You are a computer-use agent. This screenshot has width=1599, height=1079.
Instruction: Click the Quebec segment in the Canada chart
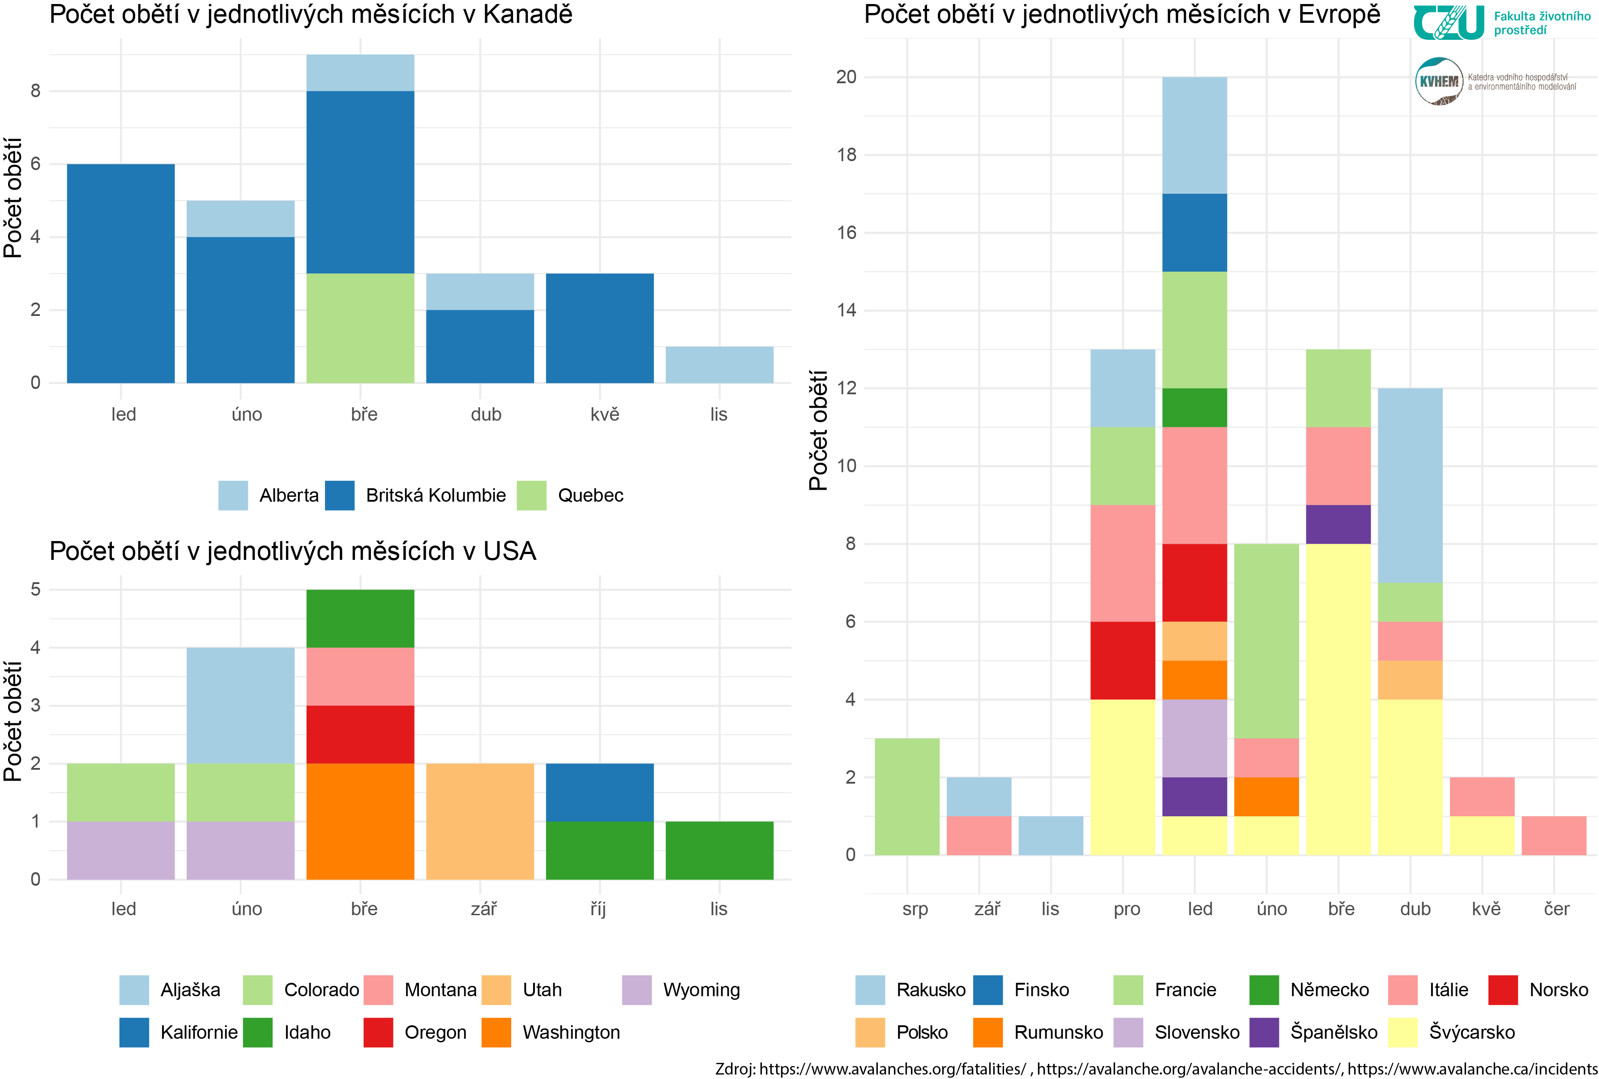pyautogui.click(x=360, y=328)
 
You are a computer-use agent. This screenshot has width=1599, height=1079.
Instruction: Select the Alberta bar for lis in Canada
pyautogui.click(x=719, y=364)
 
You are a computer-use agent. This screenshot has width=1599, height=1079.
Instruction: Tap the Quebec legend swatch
pyautogui.click(x=531, y=495)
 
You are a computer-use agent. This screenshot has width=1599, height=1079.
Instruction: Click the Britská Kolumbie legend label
pyautogui.click(x=436, y=495)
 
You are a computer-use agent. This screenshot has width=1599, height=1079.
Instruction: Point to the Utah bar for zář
pyautogui.click(x=479, y=821)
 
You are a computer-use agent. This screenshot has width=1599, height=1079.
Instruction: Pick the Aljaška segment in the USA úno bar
pyautogui.click(x=240, y=705)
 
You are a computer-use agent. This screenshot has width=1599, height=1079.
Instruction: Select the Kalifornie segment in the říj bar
pyautogui.click(x=599, y=792)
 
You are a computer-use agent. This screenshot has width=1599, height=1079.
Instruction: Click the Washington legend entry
pyautogui.click(x=571, y=1032)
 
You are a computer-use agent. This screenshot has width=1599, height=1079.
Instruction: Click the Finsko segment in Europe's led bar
pyautogui.click(x=1194, y=232)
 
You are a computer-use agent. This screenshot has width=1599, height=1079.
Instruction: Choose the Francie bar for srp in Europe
pyautogui.click(x=907, y=796)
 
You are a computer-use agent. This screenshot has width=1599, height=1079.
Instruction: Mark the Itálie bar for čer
pyautogui.click(x=1554, y=836)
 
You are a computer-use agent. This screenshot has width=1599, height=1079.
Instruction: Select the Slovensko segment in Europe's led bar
pyautogui.click(x=1194, y=738)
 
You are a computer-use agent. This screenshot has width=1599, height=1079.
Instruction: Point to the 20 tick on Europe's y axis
pyautogui.click(x=847, y=77)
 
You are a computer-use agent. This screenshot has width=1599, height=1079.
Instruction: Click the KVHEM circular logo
pyautogui.click(x=1439, y=81)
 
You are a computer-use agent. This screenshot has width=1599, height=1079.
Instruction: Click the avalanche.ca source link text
pyautogui.click(x=1472, y=1069)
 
